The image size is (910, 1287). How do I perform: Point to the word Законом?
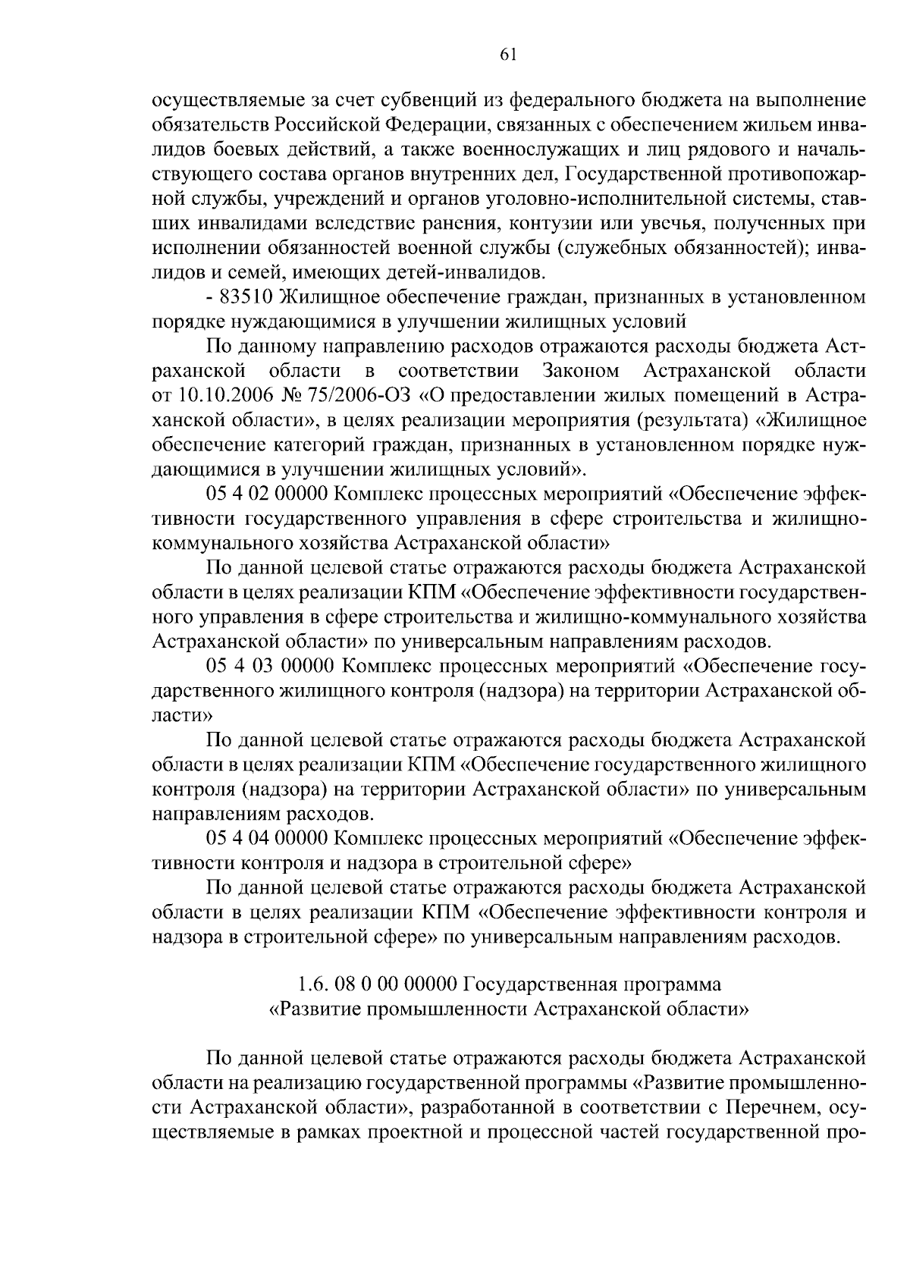[581, 371]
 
